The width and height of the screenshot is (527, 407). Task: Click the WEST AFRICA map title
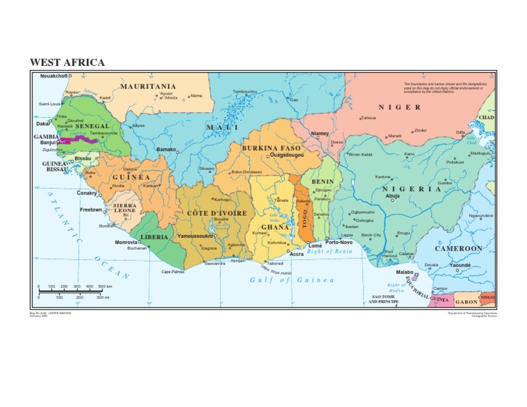tap(67, 63)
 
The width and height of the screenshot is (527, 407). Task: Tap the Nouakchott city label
tap(54, 75)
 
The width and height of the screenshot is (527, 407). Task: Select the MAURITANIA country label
tap(148, 86)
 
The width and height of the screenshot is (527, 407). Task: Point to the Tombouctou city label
tap(245, 91)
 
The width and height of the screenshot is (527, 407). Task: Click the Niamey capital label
tap(320, 134)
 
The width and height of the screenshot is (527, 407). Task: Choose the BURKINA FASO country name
tap(271, 148)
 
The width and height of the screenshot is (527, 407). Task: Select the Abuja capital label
tap(393, 196)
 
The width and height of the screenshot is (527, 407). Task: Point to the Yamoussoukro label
tap(196, 236)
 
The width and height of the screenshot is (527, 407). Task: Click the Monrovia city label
tap(126, 242)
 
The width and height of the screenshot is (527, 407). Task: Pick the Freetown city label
tap(91, 210)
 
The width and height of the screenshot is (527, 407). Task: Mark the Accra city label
tap(296, 254)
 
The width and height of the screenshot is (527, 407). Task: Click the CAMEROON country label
tap(458, 248)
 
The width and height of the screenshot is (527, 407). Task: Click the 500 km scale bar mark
tap(105, 286)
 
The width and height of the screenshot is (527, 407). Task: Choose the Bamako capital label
tap(166, 149)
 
